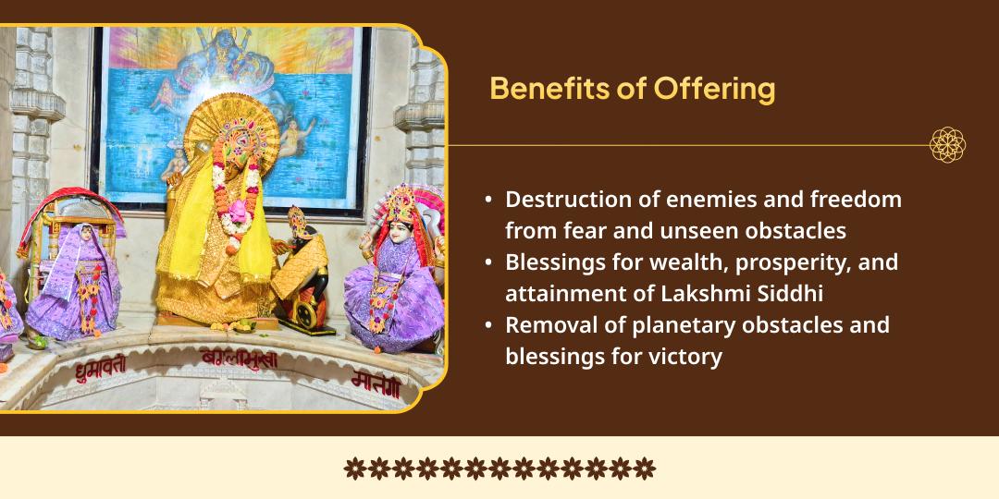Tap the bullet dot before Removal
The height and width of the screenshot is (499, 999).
pos(488,325)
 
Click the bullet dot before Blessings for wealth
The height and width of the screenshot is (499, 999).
pos(488,262)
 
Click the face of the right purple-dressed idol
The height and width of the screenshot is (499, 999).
pos(401,231)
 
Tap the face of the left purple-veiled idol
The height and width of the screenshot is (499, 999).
pos(86,237)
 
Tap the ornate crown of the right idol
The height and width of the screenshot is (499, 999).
pos(401,202)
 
